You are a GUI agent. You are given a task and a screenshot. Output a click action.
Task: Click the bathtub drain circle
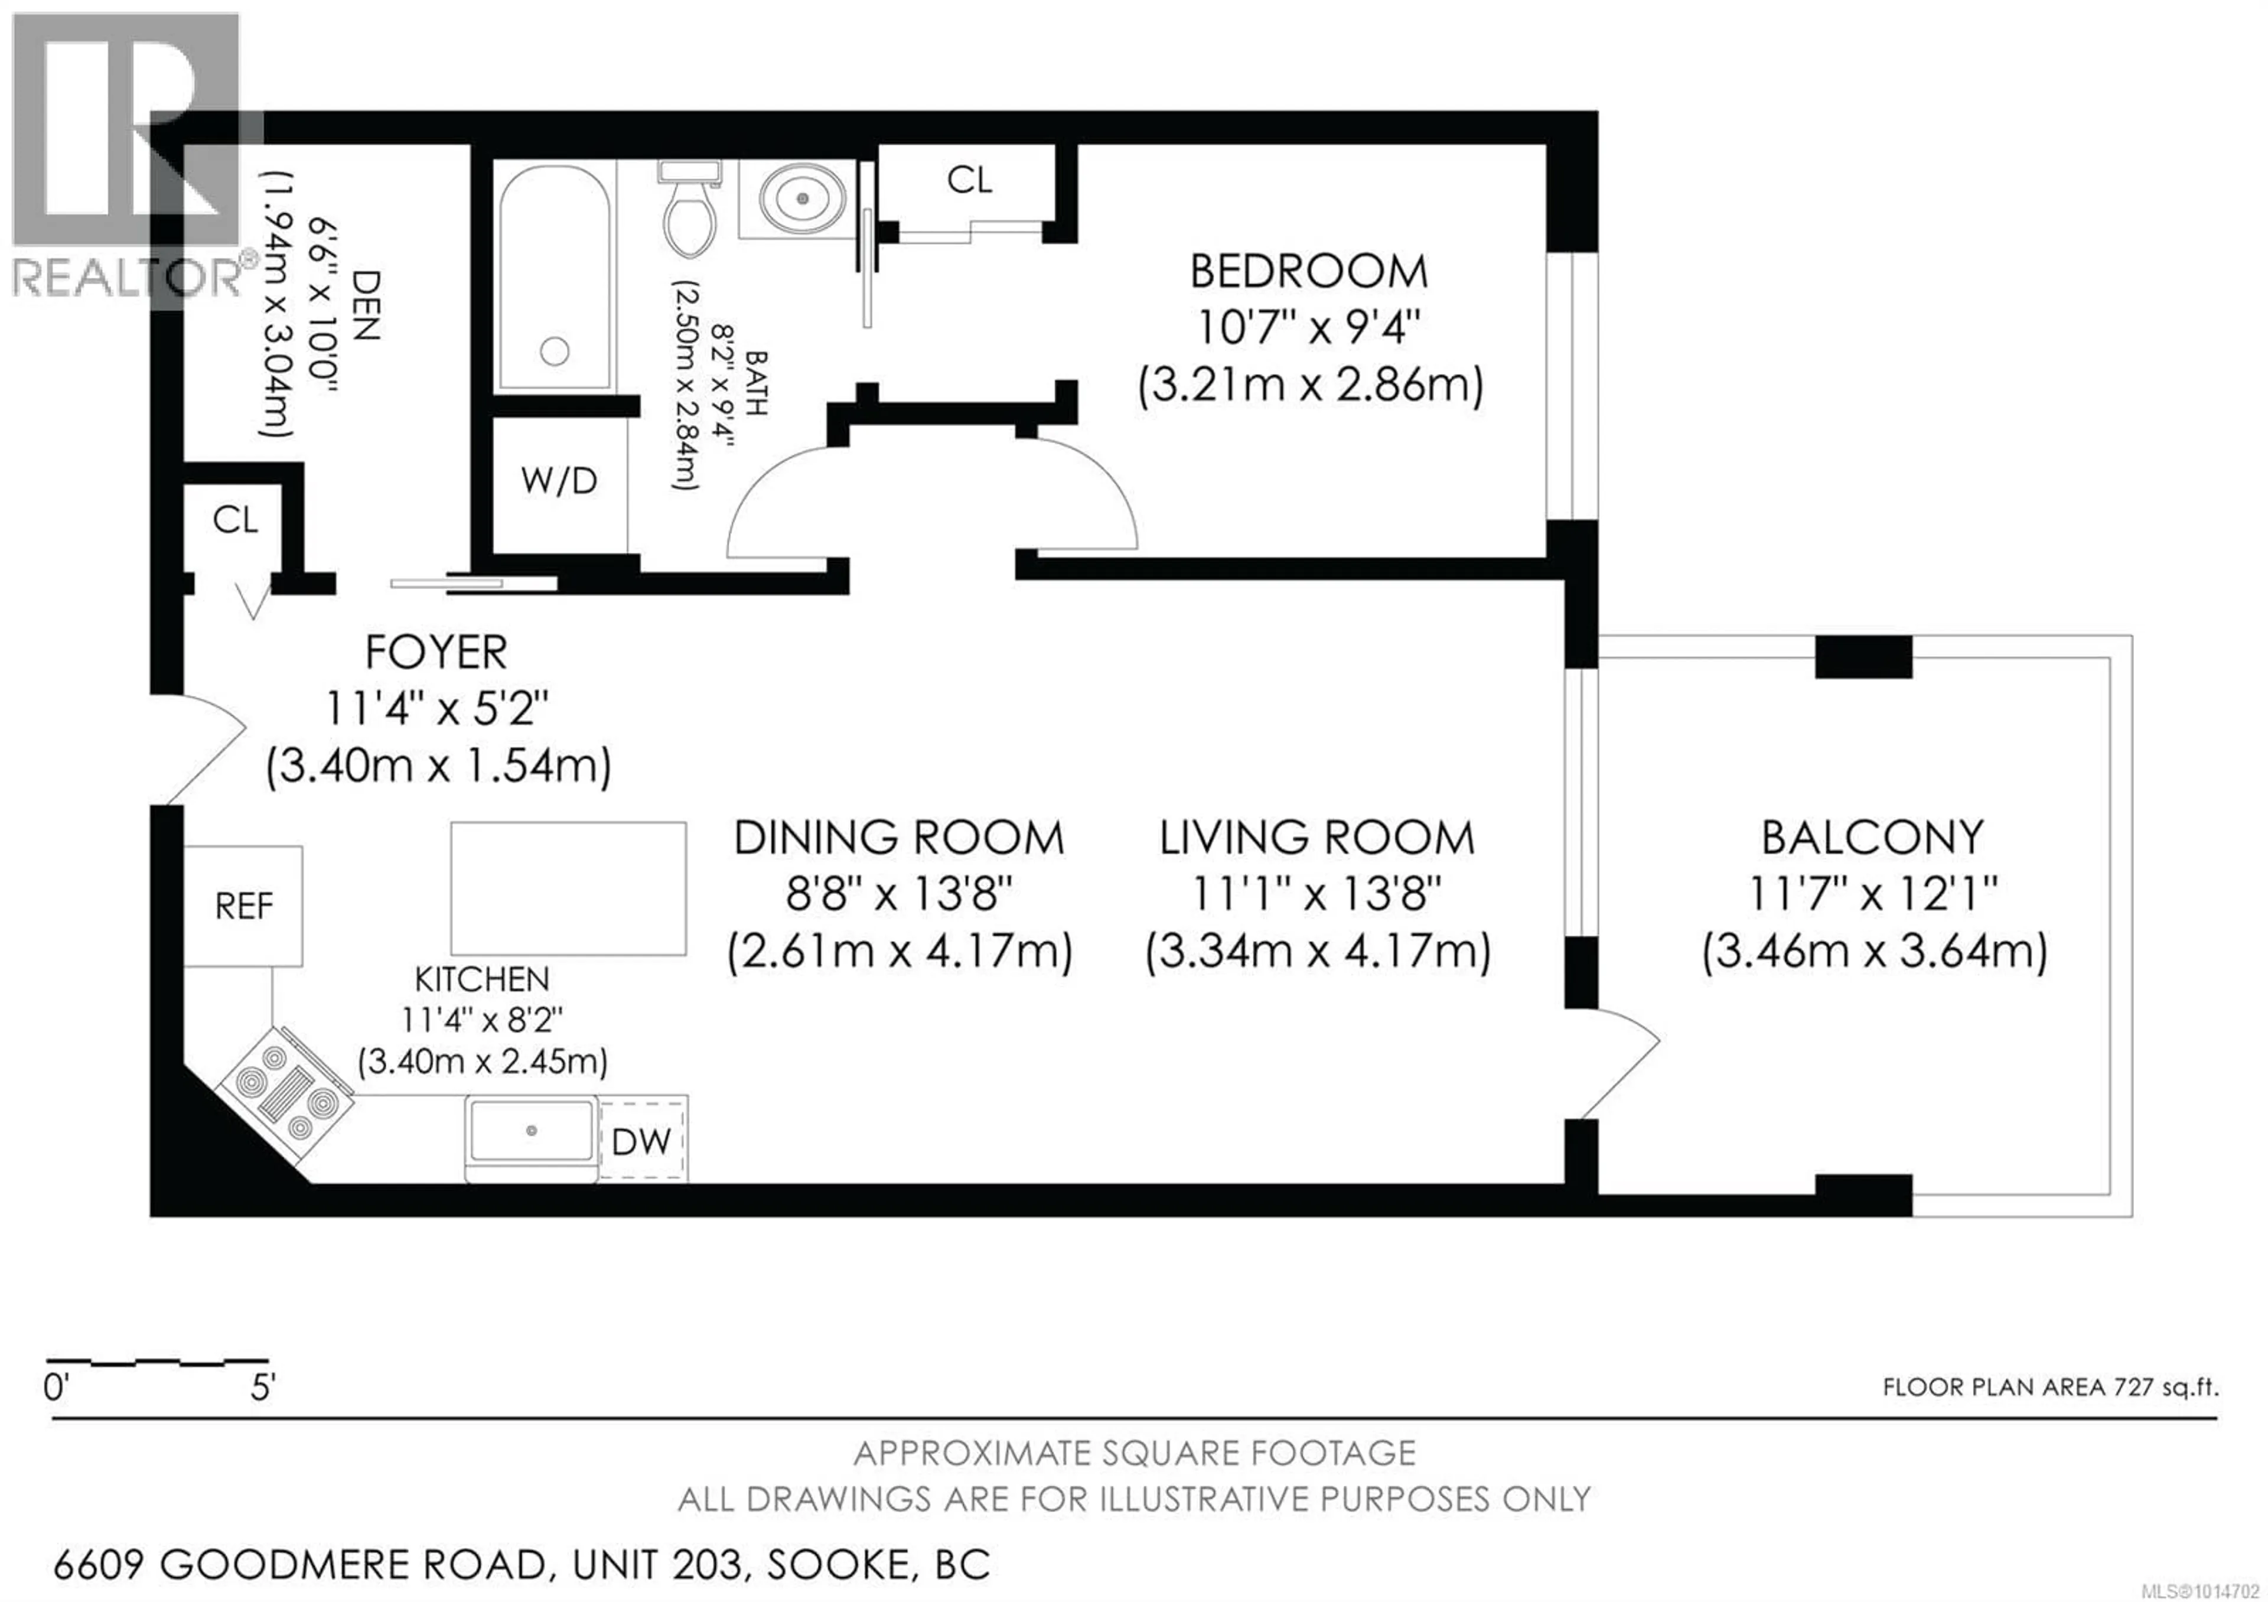click(x=555, y=351)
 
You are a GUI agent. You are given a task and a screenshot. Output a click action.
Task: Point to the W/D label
click(x=559, y=481)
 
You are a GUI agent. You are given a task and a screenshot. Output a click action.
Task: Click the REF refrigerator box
click(x=243, y=906)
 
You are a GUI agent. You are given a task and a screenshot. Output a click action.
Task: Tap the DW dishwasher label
click(x=641, y=1142)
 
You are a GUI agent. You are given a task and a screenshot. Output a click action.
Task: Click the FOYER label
click(x=436, y=652)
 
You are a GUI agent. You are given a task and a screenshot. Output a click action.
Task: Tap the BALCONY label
click(x=1872, y=838)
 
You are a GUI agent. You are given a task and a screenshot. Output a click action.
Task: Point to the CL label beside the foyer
click(x=235, y=519)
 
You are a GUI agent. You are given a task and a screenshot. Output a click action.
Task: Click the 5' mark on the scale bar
click(x=262, y=1388)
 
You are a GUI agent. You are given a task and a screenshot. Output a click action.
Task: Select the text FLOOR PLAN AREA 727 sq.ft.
click(x=2049, y=1387)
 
